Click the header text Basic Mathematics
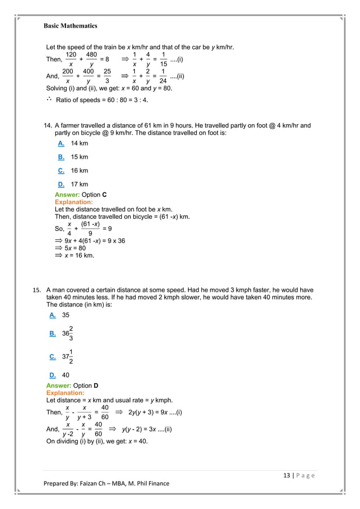[71, 26]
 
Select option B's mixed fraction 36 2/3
[67, 333]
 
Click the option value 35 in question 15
[66, 315]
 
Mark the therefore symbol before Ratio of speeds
[49, 99]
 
